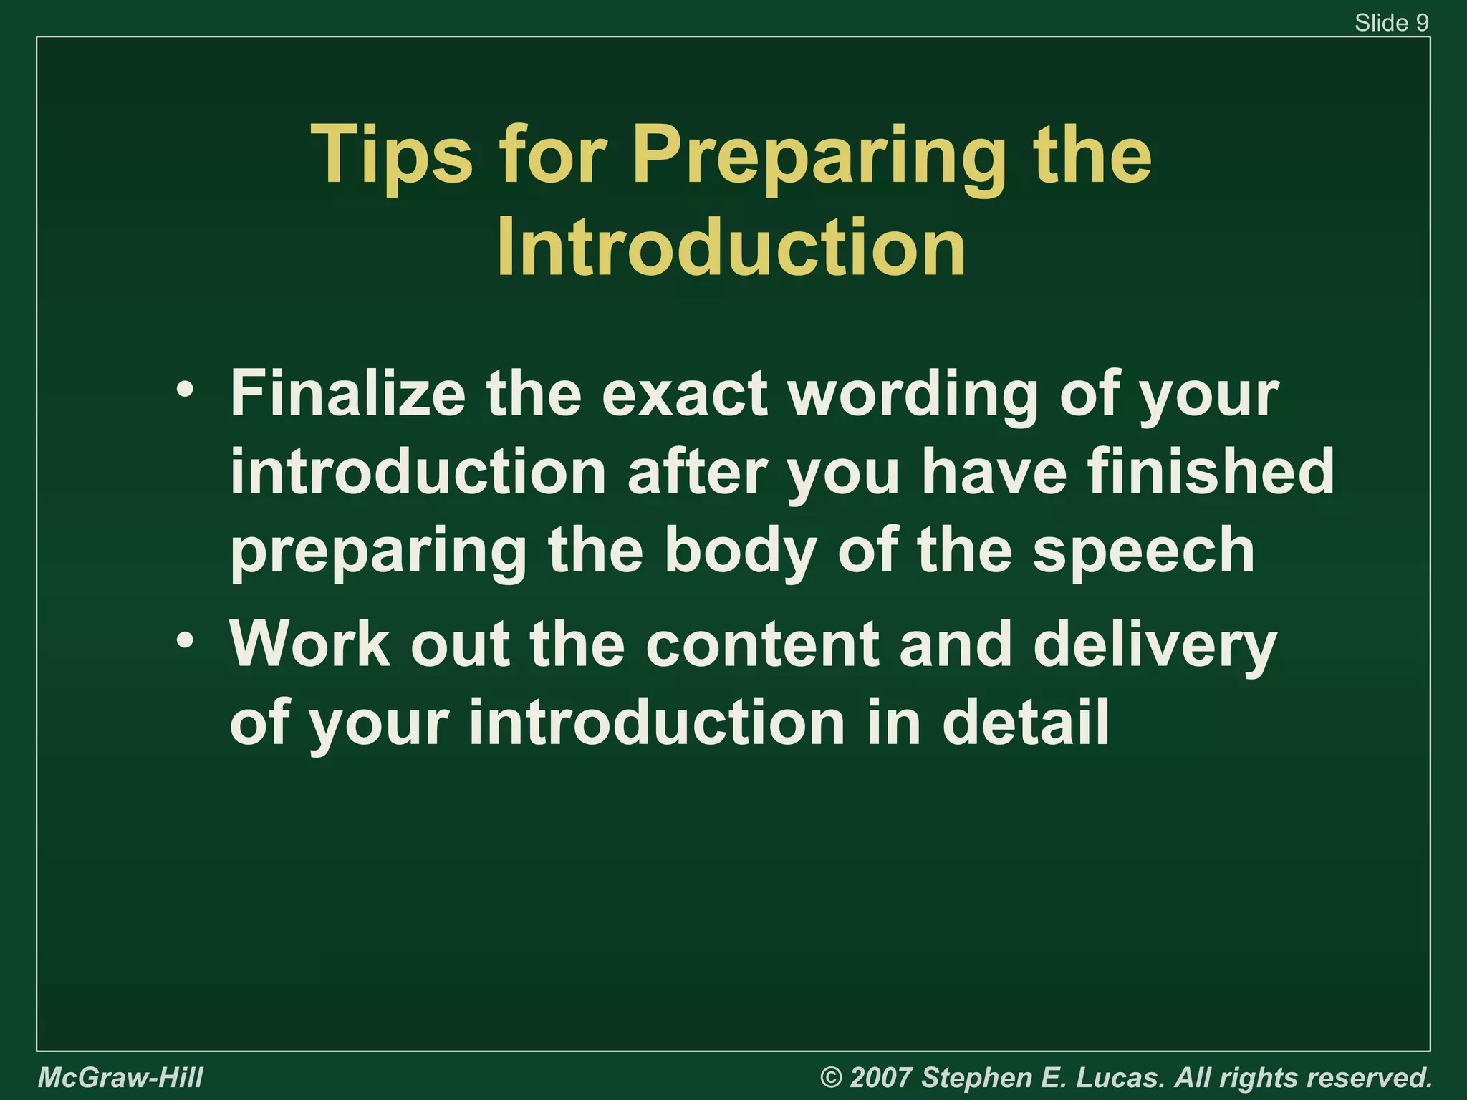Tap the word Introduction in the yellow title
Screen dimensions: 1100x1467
pyautogui.click(x=731, y=247)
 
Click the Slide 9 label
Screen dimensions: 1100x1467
pyautogui.click(x=1391, y=23)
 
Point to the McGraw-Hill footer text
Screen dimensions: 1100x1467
pyautogui.click(x=120, y=1077)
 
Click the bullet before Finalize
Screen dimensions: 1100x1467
pyautogui.click(x=185, y=390)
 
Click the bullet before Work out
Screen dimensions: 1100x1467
pyautogui.click(x=185, y=640)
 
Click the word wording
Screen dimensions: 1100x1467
pyautogui.click(x=913, y=395)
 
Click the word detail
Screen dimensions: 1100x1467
pyautogui.click(x=1024, y=722)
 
